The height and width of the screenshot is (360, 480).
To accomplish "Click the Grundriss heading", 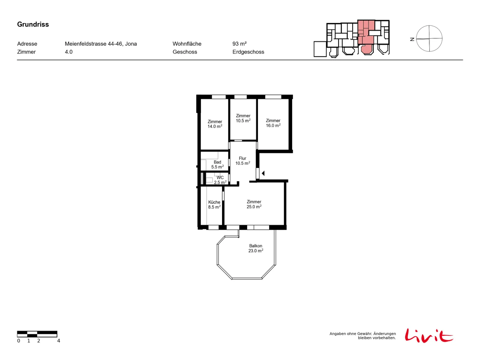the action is [x=33, y=24].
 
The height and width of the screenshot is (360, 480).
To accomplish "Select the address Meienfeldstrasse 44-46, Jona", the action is [x=100, y=44].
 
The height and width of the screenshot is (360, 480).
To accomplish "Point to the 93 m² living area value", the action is [x=239, y=44].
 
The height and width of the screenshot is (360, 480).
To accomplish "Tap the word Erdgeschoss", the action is [x=248, y=52].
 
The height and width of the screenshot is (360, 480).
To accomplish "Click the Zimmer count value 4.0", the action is [x=68, y=52].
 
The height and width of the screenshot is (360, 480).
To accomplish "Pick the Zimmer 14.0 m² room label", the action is [x=215, y=124].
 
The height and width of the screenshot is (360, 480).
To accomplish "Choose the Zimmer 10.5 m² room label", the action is [x=243, y=118].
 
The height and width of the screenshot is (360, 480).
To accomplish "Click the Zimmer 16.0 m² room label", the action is [x=273, y=123].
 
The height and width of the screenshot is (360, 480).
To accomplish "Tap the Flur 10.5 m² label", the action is [x=242, y=161].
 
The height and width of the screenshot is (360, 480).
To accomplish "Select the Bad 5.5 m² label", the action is [x=217, y=164].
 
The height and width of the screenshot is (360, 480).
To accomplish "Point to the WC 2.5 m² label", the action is [x=220, y=180].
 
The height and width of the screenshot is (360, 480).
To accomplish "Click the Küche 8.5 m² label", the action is [x=214, y=205].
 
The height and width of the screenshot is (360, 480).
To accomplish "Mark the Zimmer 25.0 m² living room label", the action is [x=254, y=204].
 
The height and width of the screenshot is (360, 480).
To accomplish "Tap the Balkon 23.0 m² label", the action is [x=255, y=248].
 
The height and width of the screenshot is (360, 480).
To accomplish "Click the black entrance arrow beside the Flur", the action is [x=263, y=173].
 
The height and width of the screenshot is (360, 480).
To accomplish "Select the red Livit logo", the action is [x=429, y=335].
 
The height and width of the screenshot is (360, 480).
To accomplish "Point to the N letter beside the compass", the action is [x=412, y=39].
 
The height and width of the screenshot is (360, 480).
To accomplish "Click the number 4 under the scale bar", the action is [x=58, y=341].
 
